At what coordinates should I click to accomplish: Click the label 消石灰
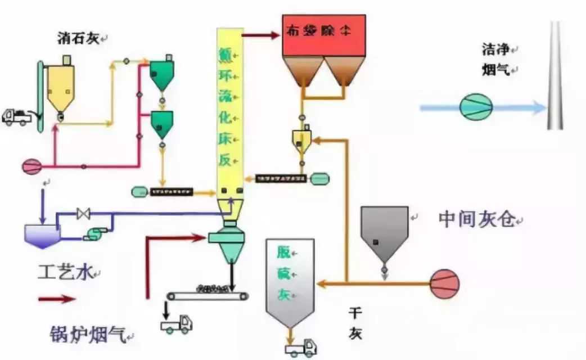79,38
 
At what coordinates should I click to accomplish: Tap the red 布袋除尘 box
324,35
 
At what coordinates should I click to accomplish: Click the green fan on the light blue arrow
476,106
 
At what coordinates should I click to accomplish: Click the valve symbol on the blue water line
84,214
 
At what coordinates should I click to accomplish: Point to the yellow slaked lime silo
60,88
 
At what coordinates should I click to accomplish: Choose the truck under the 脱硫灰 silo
300,347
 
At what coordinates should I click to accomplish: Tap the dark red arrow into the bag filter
262,35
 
